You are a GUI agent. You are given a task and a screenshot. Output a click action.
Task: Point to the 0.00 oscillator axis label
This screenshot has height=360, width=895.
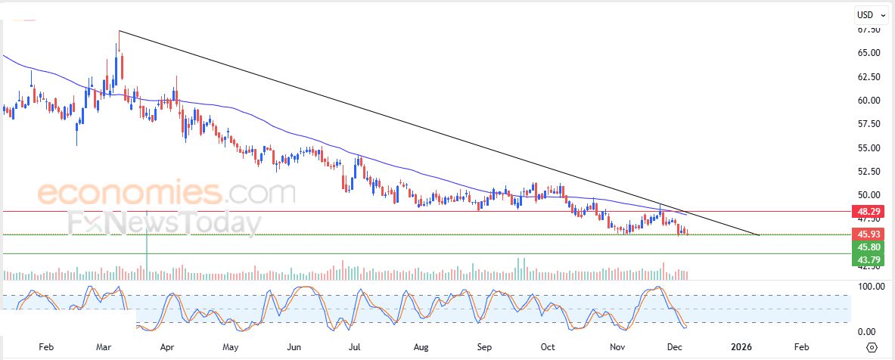(x=865, y=332)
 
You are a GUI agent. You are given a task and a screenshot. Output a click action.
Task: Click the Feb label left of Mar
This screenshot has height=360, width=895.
(x=46, y=347)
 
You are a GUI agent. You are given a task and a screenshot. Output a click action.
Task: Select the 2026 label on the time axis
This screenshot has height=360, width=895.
(x=742, y=347)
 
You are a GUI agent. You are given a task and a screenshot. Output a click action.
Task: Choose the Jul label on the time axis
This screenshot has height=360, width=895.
(x=353, y=347)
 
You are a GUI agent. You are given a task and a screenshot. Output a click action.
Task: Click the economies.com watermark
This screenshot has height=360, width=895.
(x=166, y=194)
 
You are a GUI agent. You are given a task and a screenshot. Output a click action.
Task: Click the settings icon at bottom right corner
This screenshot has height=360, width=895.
(x=872, y=347)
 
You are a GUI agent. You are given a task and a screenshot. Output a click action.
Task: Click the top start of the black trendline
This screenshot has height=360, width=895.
(x=120, y=31)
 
